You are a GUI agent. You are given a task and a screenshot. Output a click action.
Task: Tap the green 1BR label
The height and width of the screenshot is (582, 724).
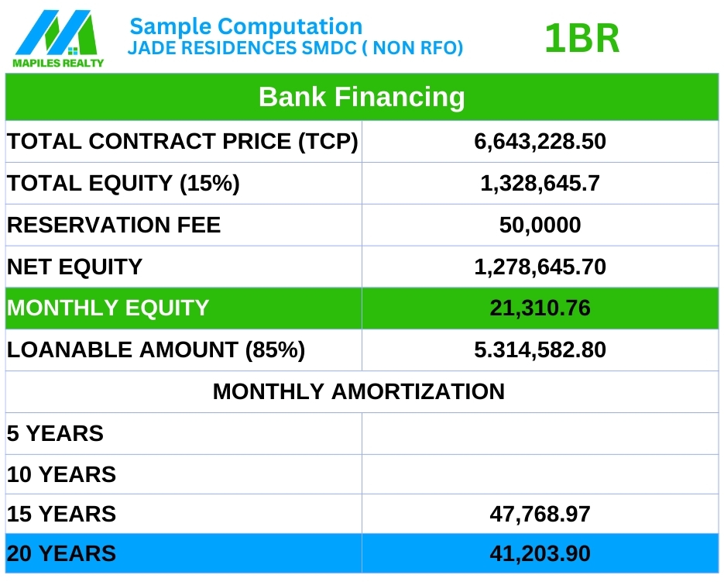pyautogui.click(x=582, y=39)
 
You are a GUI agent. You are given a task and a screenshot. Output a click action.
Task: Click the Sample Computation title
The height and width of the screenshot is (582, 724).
pyautogui.click(x=246, y=27)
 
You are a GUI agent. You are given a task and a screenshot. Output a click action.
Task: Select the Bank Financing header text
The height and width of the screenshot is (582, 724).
pyautogui.click(x=362, y=97)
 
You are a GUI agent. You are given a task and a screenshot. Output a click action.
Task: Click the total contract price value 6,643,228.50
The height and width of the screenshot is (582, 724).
pyautogui.click(x=540, y=142)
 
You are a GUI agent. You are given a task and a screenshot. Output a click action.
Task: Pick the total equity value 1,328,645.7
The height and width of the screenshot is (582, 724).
pyautogui.click(x=540, y=183)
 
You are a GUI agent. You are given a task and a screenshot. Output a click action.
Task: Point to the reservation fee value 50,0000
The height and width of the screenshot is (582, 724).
pyautogui.click(x=540, y=225)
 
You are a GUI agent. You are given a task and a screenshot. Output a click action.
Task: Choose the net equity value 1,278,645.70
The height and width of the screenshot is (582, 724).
pyautogui.click(x=540, y=267)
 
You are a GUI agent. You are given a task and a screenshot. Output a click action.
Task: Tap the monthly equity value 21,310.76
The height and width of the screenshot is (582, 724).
pyautogui.click(x=540, y=308)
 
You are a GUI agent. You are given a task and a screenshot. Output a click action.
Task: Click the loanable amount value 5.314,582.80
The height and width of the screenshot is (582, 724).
pyautogui.click(x=540, y=350)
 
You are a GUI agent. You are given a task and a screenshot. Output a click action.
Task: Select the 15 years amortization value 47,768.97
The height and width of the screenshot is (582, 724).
pyautogui.click(x=540, y=514)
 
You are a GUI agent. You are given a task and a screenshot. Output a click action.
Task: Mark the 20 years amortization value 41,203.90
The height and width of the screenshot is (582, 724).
pyautogui.click(x=540, y=553)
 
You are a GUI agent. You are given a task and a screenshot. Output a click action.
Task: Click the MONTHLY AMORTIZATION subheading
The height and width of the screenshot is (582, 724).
pyautogui.click(x=359, y=391)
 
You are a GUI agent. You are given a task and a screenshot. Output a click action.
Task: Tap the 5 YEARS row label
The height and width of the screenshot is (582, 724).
pyautogui.click(x=55, y=433)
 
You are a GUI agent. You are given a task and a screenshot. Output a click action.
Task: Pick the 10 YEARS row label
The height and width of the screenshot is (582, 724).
pyautogui.click(x=61, y=475)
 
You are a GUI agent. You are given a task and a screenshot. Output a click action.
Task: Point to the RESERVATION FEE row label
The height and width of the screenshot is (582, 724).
pyautogui.click(x=114, y=225)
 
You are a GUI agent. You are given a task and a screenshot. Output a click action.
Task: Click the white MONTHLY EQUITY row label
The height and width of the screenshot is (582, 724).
pyautogui.click(x=108, y=308)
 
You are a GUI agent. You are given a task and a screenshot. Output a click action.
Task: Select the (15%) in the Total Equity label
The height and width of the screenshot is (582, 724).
pyautogui.click(x=210, y=184)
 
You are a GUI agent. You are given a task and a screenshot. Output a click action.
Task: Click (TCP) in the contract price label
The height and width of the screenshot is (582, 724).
pyautogui.click(x=328, y=142)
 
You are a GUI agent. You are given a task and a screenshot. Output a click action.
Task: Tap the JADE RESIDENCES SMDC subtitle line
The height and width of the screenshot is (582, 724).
pyautogui.click(x=295, y=48)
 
